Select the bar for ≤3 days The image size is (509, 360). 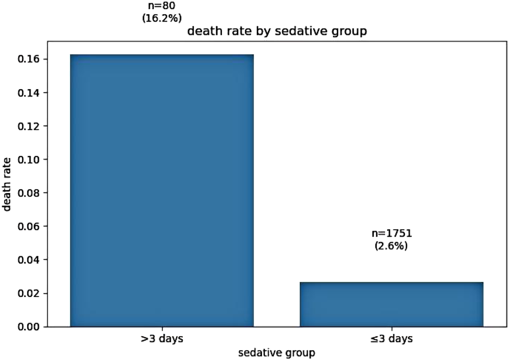(392, 304)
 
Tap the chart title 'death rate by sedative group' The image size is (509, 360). (277, 31)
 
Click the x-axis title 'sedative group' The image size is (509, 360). (277, 353)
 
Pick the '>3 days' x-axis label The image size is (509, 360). (162, 338)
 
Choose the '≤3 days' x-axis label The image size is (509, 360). (392, 338)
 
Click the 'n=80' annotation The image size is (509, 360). (162, 6)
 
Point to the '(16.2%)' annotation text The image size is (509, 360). (162, 18)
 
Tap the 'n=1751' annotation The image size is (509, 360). (392, 234)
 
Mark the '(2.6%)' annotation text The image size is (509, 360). (392, 246)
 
